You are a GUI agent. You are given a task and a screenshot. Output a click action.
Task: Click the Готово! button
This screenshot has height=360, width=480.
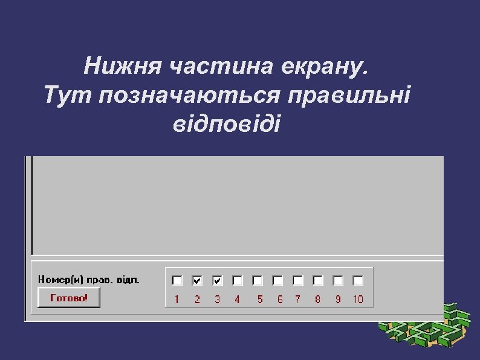[x=68, y=298]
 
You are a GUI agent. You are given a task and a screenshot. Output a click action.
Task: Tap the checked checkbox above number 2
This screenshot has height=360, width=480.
[x=197, y=281]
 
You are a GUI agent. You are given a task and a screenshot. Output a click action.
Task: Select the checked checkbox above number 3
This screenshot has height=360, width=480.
[x=218, y=281]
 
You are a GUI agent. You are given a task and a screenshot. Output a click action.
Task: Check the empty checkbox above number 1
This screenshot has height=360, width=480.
[x=177, y=281]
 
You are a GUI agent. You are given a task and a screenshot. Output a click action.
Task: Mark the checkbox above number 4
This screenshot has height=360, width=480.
[x=238, y=281]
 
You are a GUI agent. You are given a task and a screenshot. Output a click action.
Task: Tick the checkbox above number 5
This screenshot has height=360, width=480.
[x=258, y=281]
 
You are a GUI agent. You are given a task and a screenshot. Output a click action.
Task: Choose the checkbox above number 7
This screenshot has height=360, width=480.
[x=297, y=281]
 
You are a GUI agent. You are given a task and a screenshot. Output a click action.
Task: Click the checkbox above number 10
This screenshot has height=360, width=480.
[x=358, y=281]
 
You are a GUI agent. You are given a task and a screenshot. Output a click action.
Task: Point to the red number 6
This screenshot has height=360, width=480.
[x=280, y=299]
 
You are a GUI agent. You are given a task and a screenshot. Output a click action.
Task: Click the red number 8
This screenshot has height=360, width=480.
[x=317, y=299]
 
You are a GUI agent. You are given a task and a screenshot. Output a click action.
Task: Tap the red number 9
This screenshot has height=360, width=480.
[x=338, y=299]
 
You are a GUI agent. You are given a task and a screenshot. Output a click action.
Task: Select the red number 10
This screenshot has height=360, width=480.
[x=358, y=299]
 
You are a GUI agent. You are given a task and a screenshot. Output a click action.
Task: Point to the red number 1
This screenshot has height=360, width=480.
[x=177, y=299]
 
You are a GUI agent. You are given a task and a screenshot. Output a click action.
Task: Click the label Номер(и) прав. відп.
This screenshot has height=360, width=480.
[x=89, y=280]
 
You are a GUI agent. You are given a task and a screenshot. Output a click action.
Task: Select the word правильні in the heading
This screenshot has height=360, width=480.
[x=349, y=96]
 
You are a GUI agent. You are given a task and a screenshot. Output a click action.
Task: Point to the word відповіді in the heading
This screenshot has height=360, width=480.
[x=227, y=123]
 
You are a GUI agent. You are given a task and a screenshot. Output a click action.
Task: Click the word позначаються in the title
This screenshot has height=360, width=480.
[x=190, y=96]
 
